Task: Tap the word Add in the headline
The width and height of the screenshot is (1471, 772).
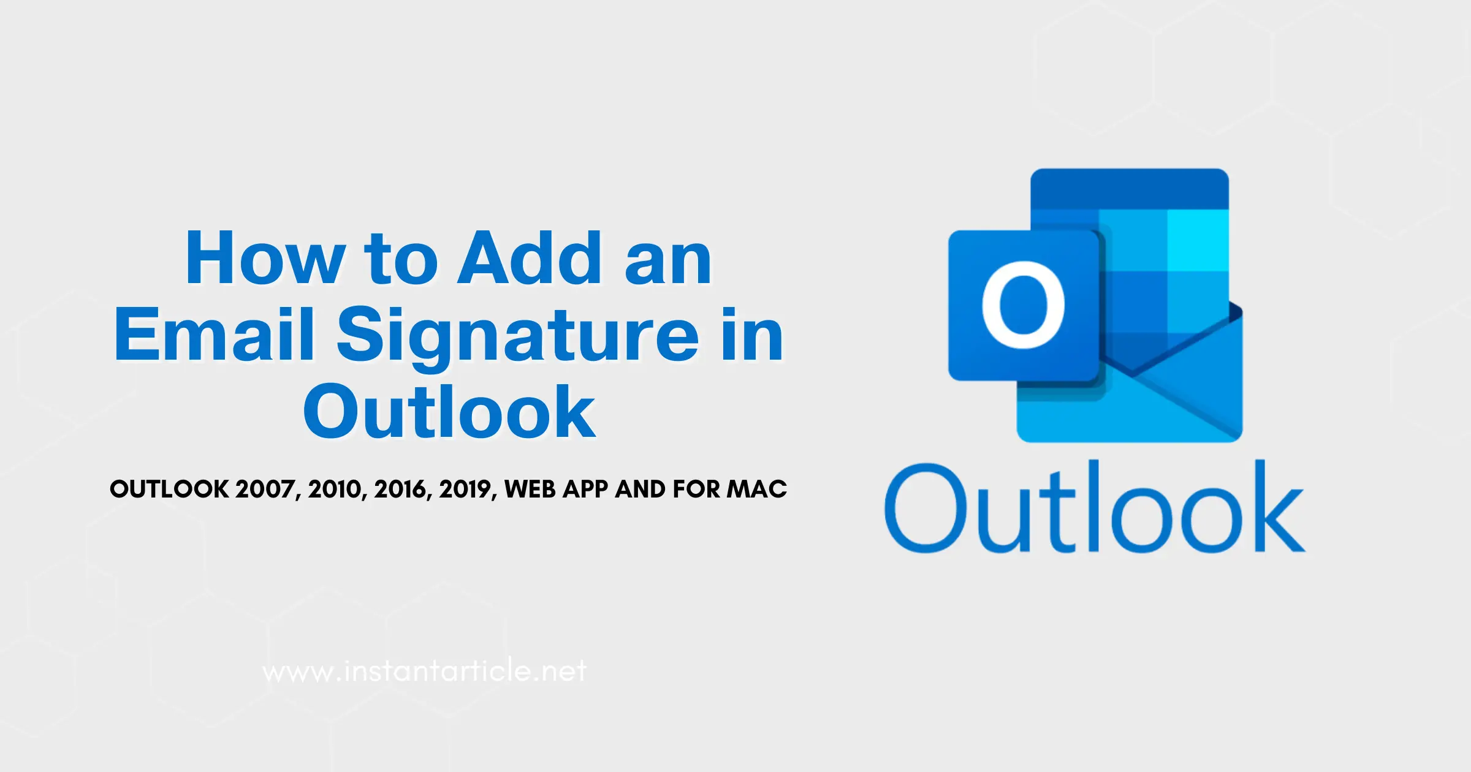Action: click(x=531, y=258)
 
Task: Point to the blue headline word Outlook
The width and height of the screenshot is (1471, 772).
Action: click(x=449, y=411)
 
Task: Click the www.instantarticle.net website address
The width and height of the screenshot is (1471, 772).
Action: click(x=424, y=671)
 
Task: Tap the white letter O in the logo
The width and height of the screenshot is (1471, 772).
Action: click(x=1023, y=305)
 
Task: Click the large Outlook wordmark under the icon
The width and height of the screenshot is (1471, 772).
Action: click(x=1094, y=507)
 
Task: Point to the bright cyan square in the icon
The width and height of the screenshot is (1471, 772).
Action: click(x=1198, y=240)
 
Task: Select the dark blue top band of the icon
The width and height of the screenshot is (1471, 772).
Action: click(x=1130, y=189)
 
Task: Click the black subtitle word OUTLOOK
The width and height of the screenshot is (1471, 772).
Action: click(x=169, y=489)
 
